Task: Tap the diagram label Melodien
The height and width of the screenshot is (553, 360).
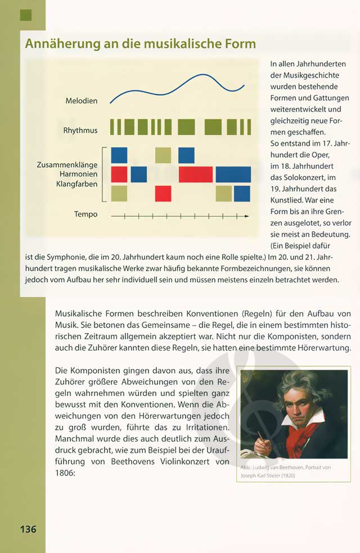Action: coord(81,101)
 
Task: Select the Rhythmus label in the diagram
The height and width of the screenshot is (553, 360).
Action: coord(80,131)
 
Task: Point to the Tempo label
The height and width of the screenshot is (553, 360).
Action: coord(85,214)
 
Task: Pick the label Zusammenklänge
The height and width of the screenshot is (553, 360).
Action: coord(67,165)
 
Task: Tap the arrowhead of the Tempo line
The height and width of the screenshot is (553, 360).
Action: coord(250,215)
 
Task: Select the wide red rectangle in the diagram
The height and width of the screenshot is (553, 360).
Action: coord(195,174)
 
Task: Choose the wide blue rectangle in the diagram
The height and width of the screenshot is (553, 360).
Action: coord(233,174)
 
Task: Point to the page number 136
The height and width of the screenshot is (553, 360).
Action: coord(28,529)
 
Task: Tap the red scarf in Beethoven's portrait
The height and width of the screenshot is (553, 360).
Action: coord(306,439)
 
